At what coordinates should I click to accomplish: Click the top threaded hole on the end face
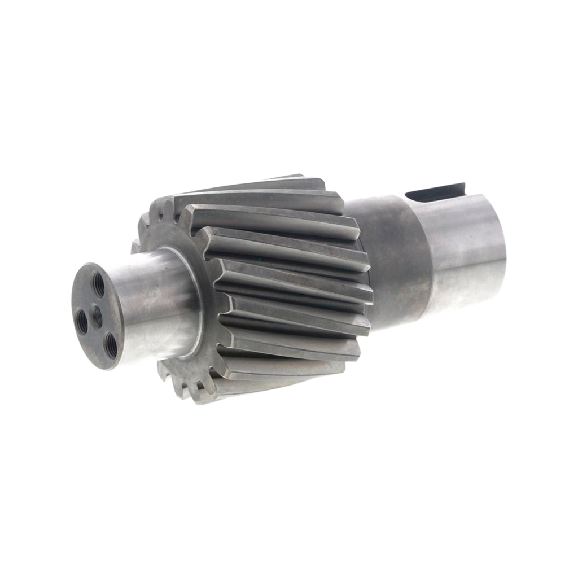(x=98, y=283)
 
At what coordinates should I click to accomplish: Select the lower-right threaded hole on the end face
(x=110, y=341)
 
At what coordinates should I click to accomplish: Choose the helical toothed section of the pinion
(x=282, y=282)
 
